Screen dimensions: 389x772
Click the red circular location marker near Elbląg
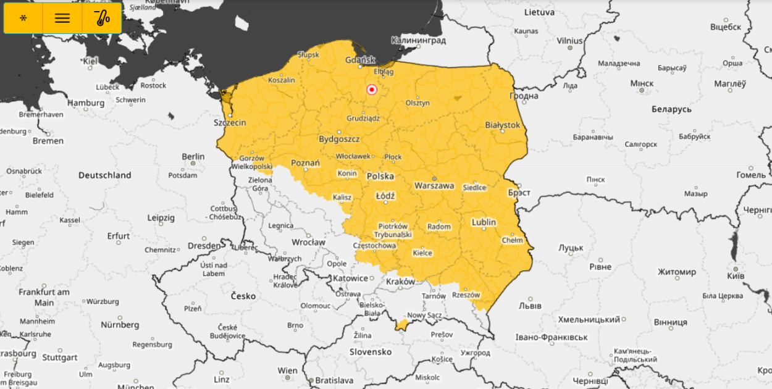click(x=372, y=90)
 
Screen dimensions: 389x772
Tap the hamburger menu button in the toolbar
click(x=62, y=18)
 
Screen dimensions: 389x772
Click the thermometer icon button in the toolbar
click(x=102, y=18)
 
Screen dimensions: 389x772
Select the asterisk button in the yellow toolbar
click(x=23, y=18)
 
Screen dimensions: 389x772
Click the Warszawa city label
click(x=434, y=185)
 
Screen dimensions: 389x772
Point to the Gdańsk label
click(x=360, y=60)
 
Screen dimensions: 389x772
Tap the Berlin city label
click(x=193, y=157)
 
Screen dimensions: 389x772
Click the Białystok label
click(x=502, y=125)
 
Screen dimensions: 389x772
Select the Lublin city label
click(x=484, y=222)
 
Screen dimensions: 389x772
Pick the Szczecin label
click(x=230, y=122)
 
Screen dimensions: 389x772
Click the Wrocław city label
click(x=308, y=242)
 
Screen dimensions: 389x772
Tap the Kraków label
click(x=400, y=282)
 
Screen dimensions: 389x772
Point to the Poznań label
click(x=305, y=163)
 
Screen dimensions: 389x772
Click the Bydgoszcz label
click(x=339, y=139)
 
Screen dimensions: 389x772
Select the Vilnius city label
click(x=569, y=41)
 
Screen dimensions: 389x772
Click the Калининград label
click(x=418, y=40)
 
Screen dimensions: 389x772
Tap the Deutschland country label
click(x=105, y=175)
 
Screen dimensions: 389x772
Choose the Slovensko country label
click(x=371, y=352)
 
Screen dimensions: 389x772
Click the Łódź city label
click(x=385, y=196)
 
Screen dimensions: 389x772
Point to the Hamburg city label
click(x=86, y=103)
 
